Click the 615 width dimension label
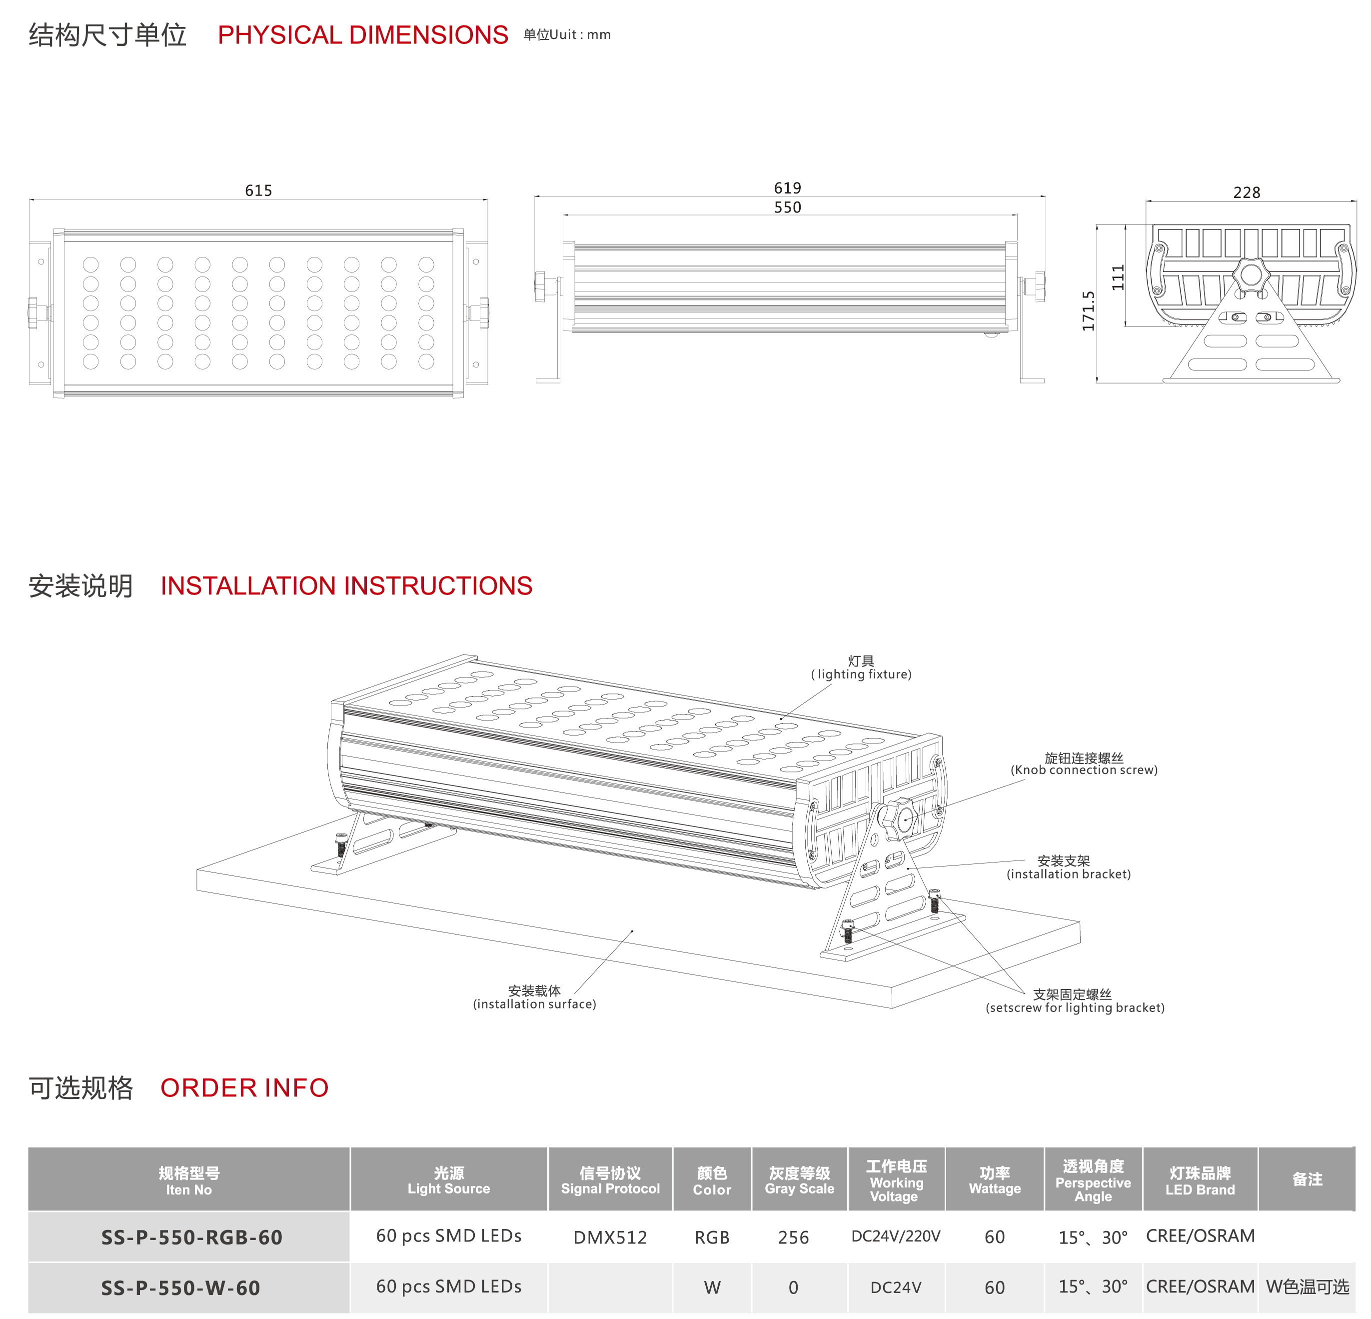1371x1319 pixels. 258,190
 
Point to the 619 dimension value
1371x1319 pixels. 788,187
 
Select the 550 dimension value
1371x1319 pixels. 788,207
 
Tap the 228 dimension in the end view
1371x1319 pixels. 1247,192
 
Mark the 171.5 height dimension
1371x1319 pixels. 1089,310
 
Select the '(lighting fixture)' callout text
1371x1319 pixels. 861,674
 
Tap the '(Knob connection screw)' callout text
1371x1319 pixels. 1084,769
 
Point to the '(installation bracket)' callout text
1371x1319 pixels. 1068,874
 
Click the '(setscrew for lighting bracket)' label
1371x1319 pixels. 1075,1007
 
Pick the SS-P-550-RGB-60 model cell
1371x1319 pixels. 191,1237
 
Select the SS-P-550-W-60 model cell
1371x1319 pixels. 180,1287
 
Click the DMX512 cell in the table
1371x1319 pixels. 610,1237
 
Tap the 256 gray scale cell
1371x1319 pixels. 793,1237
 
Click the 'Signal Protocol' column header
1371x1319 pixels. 610,1188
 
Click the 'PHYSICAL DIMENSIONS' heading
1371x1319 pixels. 363,35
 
